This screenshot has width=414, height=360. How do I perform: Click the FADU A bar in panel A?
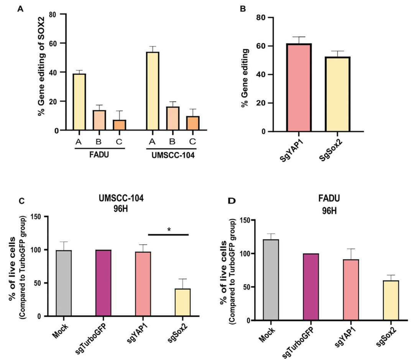[x=79, y=102]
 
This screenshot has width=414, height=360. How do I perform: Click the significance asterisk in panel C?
[x=168, y=229]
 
